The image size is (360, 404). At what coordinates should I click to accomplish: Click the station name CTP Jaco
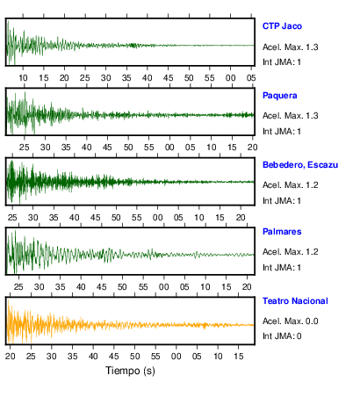[282, 26]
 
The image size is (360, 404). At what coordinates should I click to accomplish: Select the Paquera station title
[280, 96]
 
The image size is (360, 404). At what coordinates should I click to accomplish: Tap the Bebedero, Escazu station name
[300, 165]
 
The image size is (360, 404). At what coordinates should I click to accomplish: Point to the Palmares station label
[282, 232]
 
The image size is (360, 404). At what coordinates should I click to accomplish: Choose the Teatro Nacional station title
[295, 301]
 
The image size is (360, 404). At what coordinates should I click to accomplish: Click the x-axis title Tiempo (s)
[130, 371]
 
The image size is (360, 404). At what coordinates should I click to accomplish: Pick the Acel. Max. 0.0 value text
[291, 321]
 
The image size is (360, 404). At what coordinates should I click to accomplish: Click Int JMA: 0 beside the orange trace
[282, 335]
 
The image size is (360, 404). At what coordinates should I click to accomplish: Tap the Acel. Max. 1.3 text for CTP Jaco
[291, 47]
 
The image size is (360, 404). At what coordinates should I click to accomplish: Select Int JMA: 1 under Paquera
[282, 132]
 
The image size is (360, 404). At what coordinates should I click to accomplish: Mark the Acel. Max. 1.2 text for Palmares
[291, 252]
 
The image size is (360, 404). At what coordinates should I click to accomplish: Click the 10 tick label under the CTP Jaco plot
[23, 78]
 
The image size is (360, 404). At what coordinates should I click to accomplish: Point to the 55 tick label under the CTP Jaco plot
[210, 78]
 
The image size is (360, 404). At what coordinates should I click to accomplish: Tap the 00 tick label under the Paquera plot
[169, 148]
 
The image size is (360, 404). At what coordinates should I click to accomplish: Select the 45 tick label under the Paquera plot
[107, 148]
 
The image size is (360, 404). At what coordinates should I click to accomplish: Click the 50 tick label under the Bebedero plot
[116, 218]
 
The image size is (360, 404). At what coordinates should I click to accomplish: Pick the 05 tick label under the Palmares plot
[184, 287]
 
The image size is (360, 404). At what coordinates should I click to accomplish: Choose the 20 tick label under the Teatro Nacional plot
[11, 357]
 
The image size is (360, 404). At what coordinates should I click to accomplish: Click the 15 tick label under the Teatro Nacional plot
[239, 357]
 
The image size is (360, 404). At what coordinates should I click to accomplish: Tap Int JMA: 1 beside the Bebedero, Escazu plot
[282, 201]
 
